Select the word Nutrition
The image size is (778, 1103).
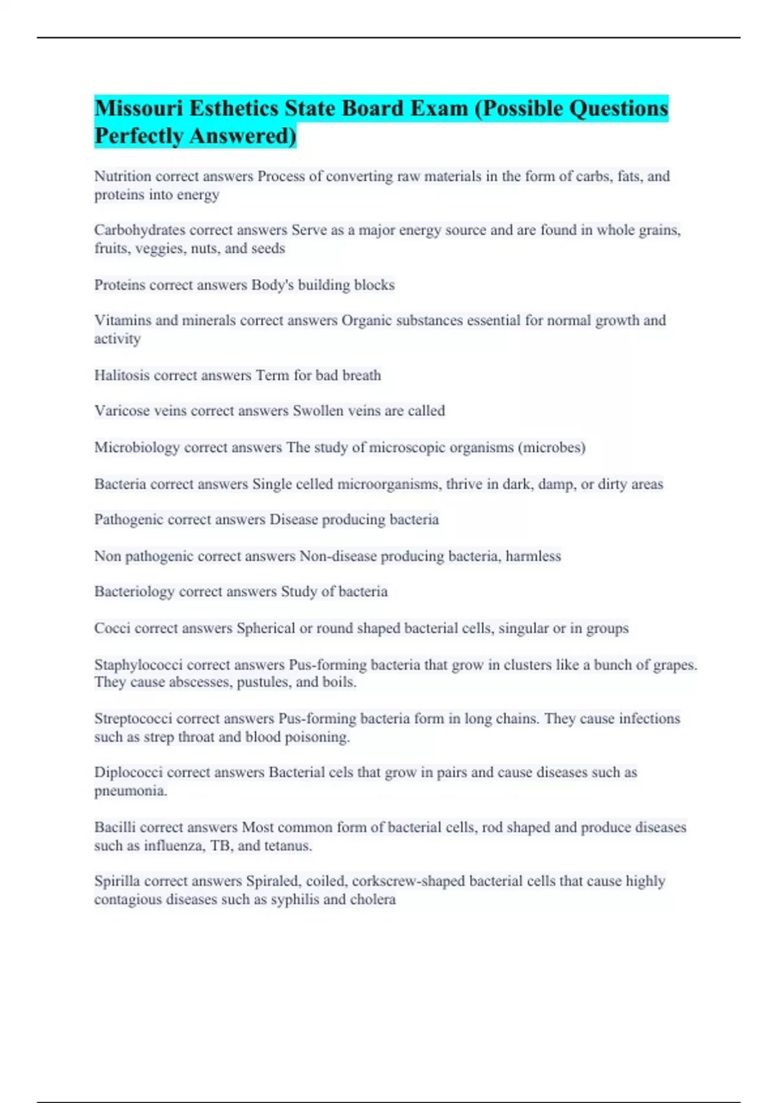tap(123, 176)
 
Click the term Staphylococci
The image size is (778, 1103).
tap(138, 665)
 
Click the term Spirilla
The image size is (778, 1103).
tap(117, 881)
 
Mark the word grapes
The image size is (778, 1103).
tap(674, 665)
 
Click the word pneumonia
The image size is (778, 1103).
tap(130, 791)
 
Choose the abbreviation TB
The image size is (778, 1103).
tap(221, 845)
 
